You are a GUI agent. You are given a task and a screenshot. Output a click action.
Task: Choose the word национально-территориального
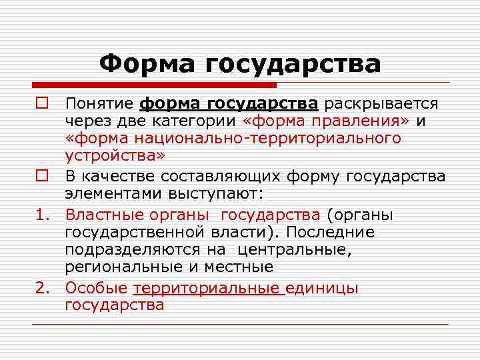point(266,138)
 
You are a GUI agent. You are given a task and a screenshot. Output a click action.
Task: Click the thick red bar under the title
point(154,85)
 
